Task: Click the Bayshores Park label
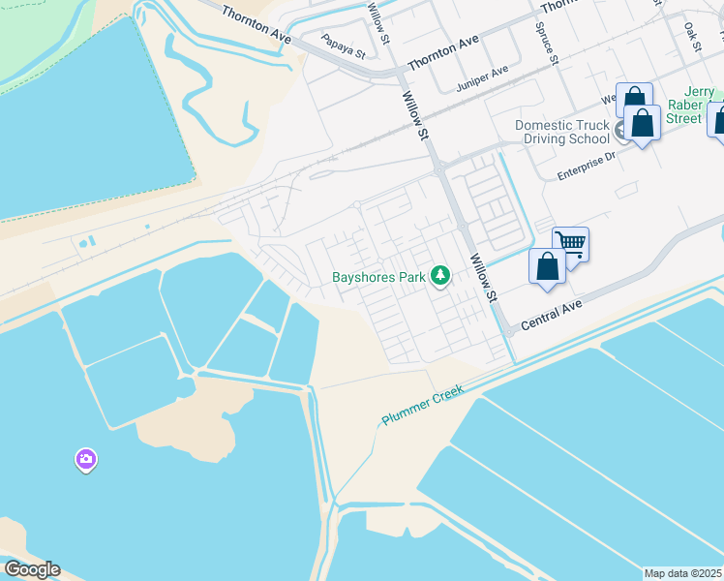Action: coord(379,277)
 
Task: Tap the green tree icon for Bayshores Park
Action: coord(440,277)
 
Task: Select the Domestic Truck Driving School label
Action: coord(562,132)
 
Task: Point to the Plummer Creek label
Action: coord(422,405)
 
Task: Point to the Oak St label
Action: coord(691,38)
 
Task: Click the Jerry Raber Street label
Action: coord(693,106)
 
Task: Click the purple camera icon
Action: coord(86,459)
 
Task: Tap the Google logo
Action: coord(32,569)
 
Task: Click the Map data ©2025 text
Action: coord(682,573)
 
